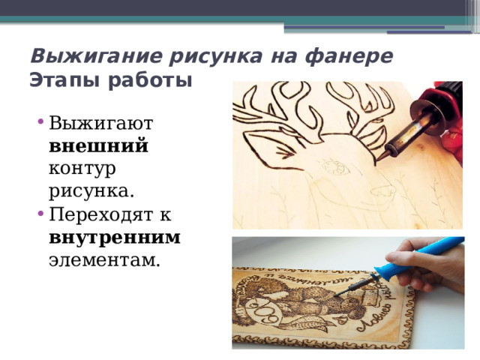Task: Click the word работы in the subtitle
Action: pyautogui.click(x=150, y=80)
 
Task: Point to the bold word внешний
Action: pyautogui.click(x=98, y=145)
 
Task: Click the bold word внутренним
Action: pyautogui.click(x=115, y=238)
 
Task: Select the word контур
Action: pyautogui.click(x=82, y=169)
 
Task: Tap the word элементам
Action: pyautogui.click(x=104, y=260)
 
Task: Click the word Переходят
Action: pyautogui.click(x=100, y=215)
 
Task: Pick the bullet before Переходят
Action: pyautogui.click(x=40, y=213)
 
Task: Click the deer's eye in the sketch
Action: pyautogui.click(x=335, y=166)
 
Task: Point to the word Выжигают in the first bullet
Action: pyautogui.click(x=100, y=123)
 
